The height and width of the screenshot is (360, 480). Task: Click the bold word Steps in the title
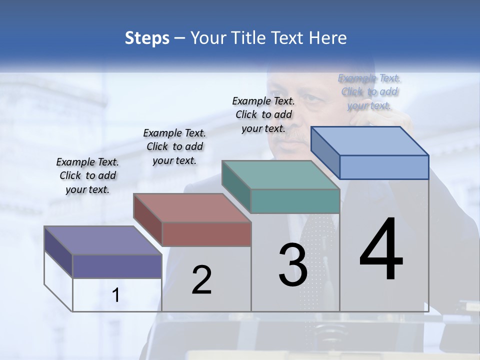coord(147,38)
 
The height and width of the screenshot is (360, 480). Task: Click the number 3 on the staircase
coord(292,265)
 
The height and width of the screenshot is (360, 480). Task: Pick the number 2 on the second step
coord(201,280)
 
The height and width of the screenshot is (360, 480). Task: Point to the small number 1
coord(116,295)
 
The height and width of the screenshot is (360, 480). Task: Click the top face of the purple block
coord(102,240)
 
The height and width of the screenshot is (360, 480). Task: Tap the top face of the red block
coord(191,207)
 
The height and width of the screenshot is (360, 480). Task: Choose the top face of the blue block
coord(369,140)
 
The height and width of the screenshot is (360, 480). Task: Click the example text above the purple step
coord(87,175)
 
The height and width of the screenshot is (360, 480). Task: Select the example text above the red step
coord(174,146)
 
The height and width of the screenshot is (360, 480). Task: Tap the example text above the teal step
coord(263,114)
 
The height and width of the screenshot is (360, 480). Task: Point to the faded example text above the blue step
coord(369,91)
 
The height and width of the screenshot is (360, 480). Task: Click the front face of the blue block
coord(384,167)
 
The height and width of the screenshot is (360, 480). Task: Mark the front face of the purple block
coord(117,266)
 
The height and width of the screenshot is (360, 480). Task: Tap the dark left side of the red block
coord(147,220)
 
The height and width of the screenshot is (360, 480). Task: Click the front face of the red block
coord(206,234)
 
